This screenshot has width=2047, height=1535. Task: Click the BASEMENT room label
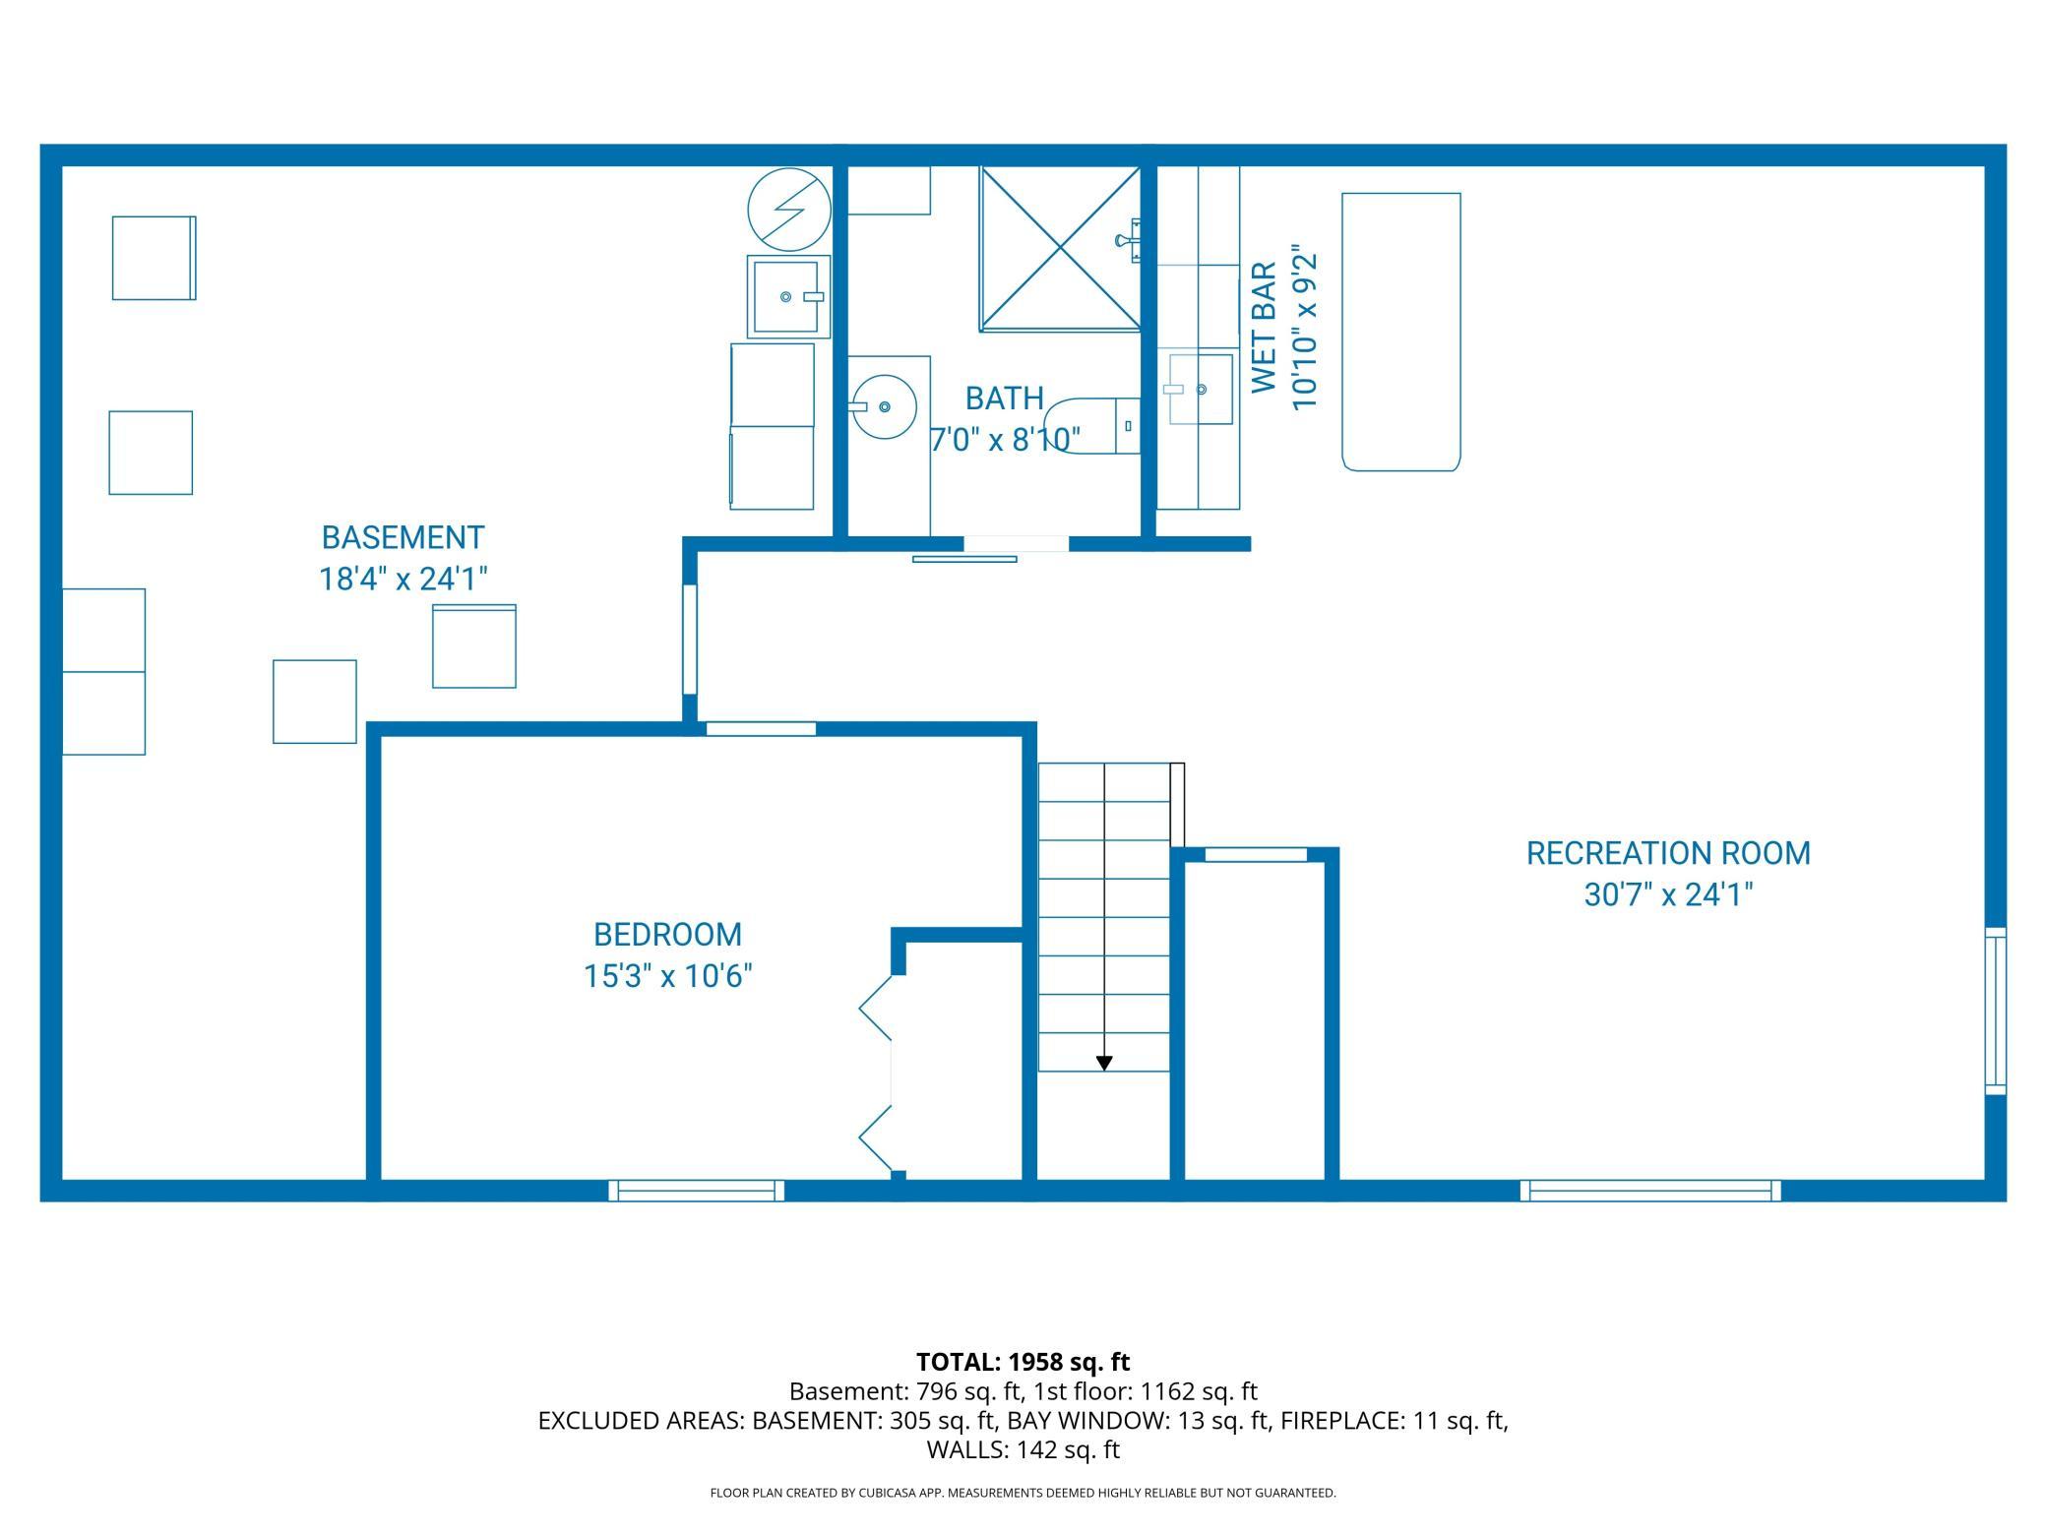[403, 537]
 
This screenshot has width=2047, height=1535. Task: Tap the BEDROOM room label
[667, 934]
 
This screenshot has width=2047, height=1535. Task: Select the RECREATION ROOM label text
[1668, 853]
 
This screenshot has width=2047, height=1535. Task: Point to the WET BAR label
[1265, 328]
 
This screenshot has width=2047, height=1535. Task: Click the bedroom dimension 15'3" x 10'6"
[668, 976]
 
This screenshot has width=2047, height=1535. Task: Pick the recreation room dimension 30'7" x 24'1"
[1668, 894]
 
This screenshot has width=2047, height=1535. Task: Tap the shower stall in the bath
[1060, 248]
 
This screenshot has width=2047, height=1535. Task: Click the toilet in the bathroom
[1091, 426]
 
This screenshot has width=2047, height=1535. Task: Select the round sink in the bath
[884, 405]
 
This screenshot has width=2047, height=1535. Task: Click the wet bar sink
[1201, 390]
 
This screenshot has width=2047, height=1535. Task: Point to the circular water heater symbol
[789, 210]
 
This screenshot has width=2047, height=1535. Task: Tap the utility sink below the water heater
[787, 296]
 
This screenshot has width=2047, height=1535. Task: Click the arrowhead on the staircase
[1104, 1063]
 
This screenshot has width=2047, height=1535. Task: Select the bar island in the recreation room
[1401, 332]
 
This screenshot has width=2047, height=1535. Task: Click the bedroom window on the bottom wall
[697, 1191]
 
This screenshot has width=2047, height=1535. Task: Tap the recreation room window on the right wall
[1996, 1011]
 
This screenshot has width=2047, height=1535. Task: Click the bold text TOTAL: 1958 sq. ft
[1023, 1362]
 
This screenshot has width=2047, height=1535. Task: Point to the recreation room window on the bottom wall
[1650, 1191]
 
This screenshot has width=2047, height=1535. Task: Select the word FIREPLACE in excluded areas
[1341, 1420]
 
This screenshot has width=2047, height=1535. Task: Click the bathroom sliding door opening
[1016, 544]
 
